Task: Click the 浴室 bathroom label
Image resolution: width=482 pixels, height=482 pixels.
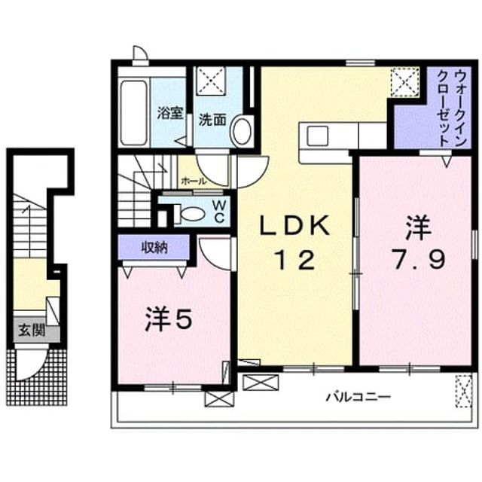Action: [170, 113]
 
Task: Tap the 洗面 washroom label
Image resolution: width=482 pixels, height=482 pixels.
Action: [212, 120]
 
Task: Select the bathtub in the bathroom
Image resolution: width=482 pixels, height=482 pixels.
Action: [133, 113]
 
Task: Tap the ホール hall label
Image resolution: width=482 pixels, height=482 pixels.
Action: [194, 182]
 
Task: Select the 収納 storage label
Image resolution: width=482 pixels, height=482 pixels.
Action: [154, 247]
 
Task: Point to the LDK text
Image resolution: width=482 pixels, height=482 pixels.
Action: [294, 226]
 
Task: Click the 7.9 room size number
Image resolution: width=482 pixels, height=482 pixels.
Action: [419, 260]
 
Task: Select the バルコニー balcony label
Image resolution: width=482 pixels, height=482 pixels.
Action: [358, 397]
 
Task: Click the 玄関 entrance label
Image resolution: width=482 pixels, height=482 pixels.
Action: [32, 331]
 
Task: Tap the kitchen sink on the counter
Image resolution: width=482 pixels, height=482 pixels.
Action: [318, 136]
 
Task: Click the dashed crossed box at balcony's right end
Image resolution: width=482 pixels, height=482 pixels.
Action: [463, 391]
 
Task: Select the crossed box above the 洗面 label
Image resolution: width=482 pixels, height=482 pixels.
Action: [211, 81]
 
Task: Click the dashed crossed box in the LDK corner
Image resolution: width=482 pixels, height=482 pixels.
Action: [405, 82]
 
